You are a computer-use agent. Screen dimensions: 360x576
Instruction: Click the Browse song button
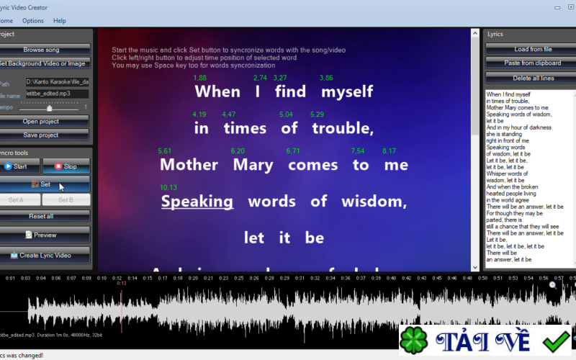(42, 50)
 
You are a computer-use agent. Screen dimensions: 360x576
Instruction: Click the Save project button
(42, 135)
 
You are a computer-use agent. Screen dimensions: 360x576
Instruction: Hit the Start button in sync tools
(19, 166)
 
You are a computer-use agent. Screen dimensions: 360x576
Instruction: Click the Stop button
(66, 166)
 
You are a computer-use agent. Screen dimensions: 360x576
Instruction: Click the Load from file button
(529, 49)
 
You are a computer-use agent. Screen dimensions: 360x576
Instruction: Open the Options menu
(33, 21)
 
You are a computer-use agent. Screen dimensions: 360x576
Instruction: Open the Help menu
(60, 21)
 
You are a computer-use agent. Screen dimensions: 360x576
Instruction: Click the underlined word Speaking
(197, 202)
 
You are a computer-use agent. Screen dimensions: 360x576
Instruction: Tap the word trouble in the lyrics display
(342, 129)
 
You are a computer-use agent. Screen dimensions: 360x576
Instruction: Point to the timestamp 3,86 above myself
(326, 78)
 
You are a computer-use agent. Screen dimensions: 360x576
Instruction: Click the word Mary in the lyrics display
(252, 165)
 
